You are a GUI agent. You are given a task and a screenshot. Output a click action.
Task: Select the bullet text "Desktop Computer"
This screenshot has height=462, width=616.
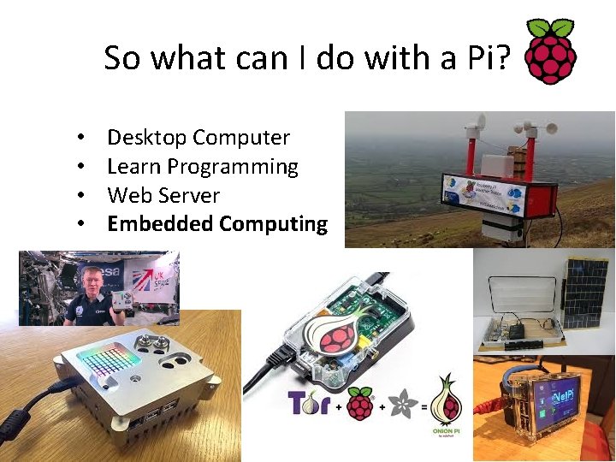click(x=198, y=137)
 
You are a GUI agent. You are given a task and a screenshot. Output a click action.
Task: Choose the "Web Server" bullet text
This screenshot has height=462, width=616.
click(x=163, y=195)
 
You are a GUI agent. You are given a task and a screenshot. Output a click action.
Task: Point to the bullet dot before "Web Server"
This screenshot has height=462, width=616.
click(x=79, y=195)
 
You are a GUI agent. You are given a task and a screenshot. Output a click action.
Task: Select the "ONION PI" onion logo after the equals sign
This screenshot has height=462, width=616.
click(x=447, y=403)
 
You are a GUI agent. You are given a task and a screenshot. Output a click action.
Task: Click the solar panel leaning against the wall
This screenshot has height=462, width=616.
click(x=584, y=296)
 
